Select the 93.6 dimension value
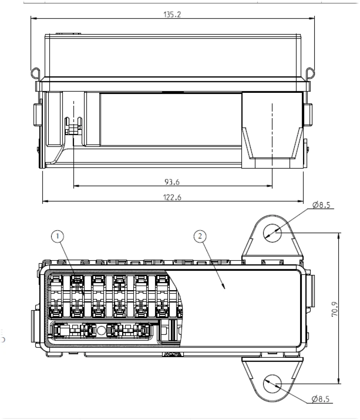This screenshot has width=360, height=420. (x=172, y=182)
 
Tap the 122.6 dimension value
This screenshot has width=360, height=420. (x=172, y=197)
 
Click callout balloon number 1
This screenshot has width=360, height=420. (x=57, y=237)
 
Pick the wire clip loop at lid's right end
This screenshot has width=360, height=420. (x=311, y=72)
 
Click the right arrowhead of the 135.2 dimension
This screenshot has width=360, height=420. (x=313, y=18)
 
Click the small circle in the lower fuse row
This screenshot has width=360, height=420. (x=101, y=330)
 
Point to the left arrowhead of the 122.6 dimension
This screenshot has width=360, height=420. (x=44, y=201)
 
